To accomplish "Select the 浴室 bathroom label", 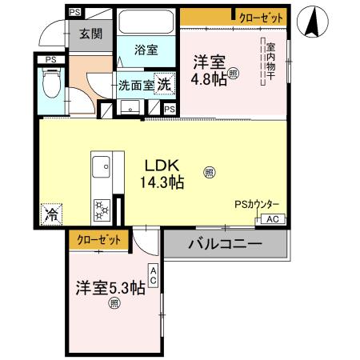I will [x=146, y=50].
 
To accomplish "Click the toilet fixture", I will [x=50, y=82].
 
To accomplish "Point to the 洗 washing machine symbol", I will [x=162, y=83].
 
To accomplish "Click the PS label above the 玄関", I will [x=74, y=12].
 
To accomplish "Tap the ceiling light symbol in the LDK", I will [x=208, y=170].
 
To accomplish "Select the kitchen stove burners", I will [x=102, y=210].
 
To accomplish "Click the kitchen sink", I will [x=102, y=169].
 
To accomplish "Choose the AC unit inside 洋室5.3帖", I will [x=152, y=277].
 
